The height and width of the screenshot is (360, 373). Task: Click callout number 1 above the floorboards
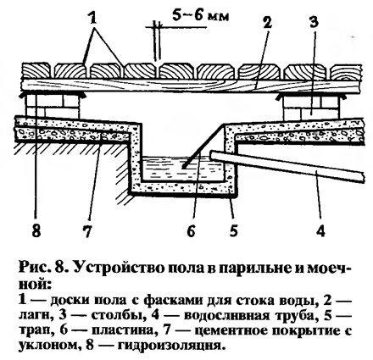[92, 19]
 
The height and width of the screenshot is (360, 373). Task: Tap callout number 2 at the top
[267, 22]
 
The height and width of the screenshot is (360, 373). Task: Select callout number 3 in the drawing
[314, 22]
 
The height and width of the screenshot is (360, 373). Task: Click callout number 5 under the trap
[233, 230]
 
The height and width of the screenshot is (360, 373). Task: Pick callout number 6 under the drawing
[191, 230]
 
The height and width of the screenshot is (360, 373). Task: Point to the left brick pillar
[52, 106]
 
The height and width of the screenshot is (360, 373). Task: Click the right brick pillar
[311, 108]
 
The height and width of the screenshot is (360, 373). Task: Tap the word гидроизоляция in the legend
[170, 346]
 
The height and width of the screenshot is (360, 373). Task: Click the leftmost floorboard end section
[36, 71]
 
